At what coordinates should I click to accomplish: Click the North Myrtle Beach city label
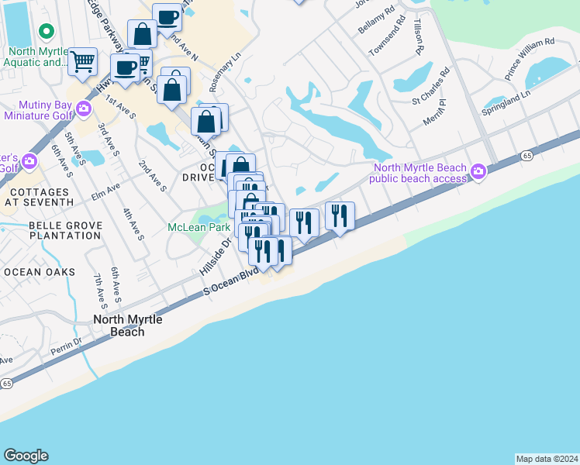click(119, 325)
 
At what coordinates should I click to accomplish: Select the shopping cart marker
click(83, 60)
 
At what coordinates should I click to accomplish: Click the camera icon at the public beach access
click(478, 170)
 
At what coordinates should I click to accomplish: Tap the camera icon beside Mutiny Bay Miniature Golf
click(84, 111)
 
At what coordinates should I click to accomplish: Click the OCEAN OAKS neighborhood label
click(40, 272)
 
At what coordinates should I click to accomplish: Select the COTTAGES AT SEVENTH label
click(36, 196)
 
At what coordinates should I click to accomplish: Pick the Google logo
click(26, 456)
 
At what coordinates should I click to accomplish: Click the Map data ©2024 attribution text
click(546, 459)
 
